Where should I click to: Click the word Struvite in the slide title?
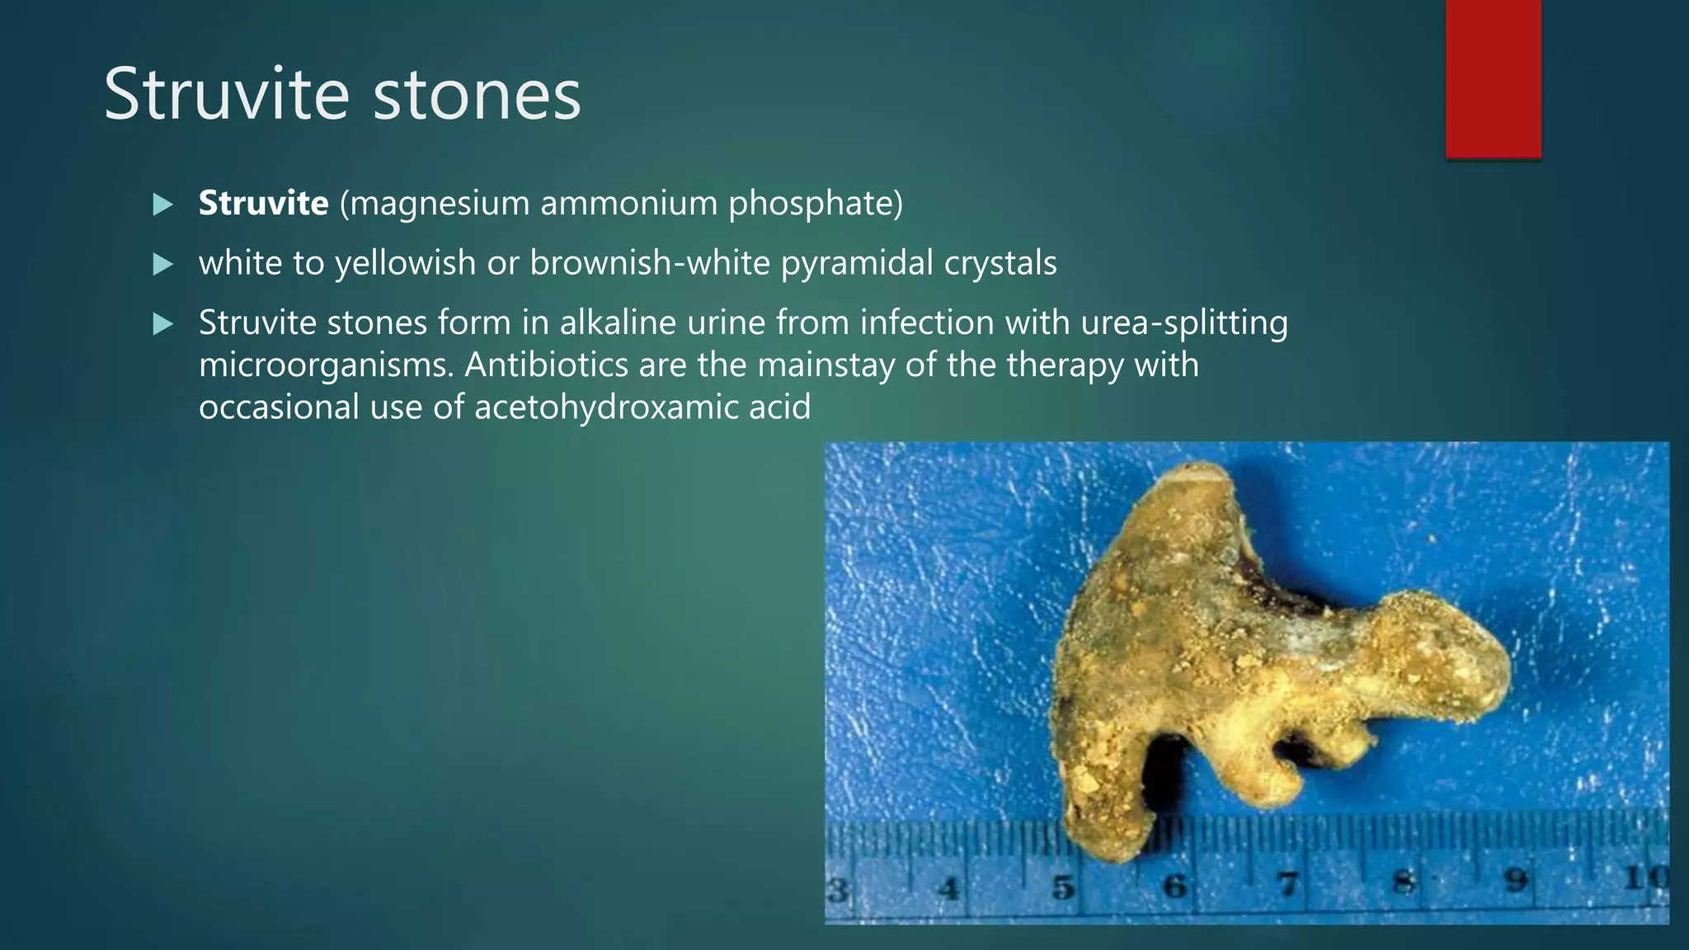point(227,95)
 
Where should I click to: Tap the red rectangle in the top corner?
point(1493,78)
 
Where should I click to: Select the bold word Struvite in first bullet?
point(263,203)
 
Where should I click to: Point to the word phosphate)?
point(815,203)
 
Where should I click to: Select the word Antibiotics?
point(546,364)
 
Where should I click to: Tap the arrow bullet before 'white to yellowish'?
point(163,264)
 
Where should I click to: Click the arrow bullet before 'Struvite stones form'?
point(163,324)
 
